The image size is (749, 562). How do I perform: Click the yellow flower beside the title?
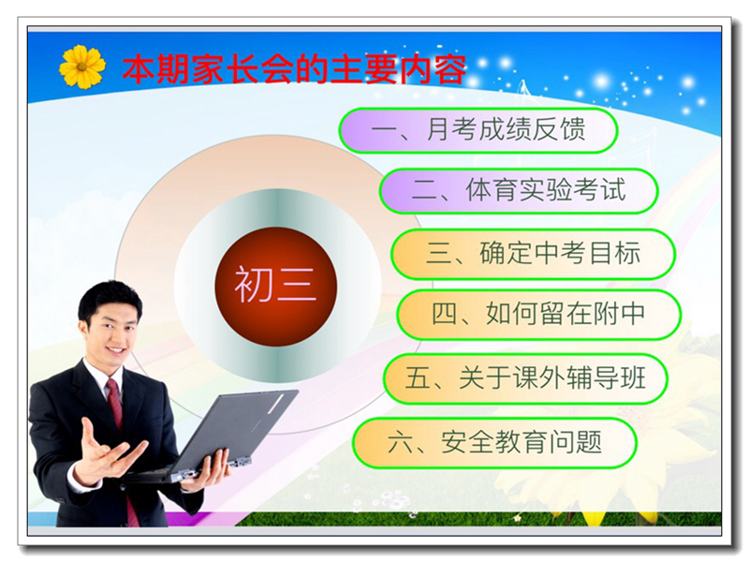point(82,67)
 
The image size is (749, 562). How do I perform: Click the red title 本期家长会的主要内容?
point(294,69)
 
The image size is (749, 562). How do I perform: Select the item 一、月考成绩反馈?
point(478,130)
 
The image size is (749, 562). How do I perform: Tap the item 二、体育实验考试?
point(519,191)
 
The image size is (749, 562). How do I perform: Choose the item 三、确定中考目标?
point(533,254)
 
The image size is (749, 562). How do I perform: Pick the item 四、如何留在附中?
point(539,315)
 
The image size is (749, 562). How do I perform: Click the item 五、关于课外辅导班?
point(525,378)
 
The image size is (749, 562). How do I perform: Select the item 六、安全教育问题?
point(495,442)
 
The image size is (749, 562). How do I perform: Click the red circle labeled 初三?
point(275,287)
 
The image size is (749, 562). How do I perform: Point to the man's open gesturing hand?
point(108,451)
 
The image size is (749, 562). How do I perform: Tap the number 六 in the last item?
point(401,442)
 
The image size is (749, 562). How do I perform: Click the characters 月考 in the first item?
point(450,129)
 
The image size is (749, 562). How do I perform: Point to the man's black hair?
point(110,299)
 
